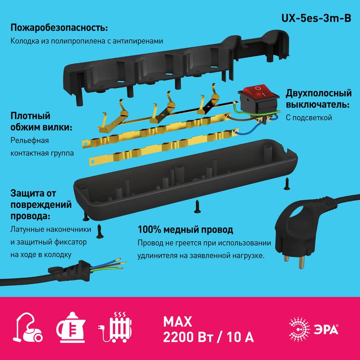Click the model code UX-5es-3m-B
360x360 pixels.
tap(316, 18)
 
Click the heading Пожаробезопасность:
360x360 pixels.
tap(59, 28)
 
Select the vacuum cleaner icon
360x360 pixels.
tap(28, 328)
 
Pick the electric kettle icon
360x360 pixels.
tap(71, 327)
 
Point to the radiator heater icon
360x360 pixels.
tap(115, 327)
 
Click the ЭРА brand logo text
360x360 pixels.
tap(326, 329)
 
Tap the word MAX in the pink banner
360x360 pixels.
tap(177, 322)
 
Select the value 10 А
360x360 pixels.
tap(240, 337)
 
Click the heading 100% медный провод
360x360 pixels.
tap(185, 229)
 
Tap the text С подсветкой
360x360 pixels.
tap(309, 118)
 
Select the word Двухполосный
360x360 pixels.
tap(319, 93)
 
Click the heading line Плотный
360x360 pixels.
tap(30, 116)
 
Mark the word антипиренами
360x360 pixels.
tap(138, 41)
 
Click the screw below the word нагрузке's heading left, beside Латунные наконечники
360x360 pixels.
tap(100, 231)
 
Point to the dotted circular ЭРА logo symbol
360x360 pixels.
tap(300, 329)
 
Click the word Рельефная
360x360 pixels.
tap(30, 140)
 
